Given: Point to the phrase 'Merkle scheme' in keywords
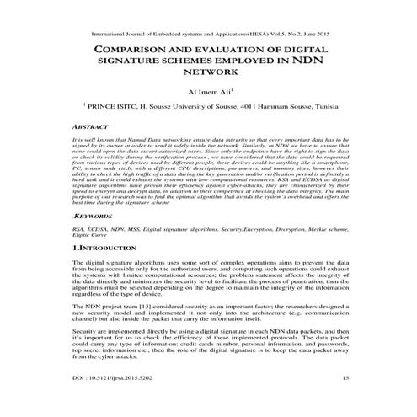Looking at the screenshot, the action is click(x=319, y=229).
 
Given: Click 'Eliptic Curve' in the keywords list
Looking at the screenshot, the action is click(x=92, y=237).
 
